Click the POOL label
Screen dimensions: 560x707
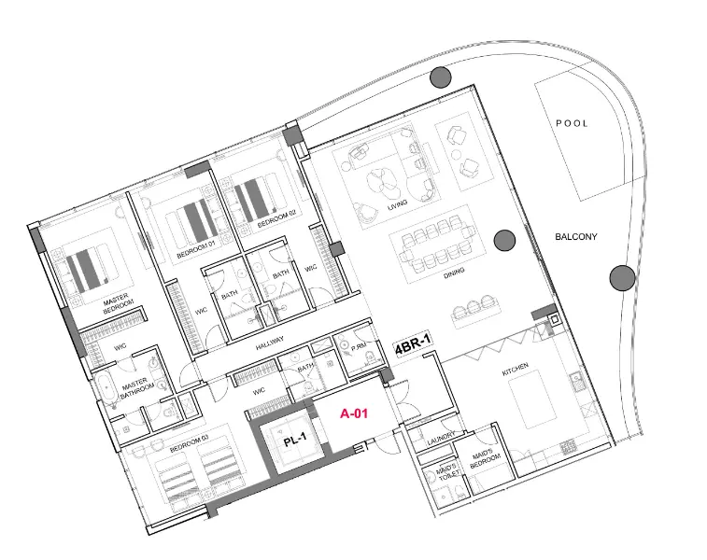pos(572,123)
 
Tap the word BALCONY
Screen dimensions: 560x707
pos(575,237)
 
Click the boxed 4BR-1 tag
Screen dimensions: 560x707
pos(412,348)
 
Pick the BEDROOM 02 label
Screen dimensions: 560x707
pos(276,224)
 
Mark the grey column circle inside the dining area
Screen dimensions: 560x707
pos(504,241)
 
